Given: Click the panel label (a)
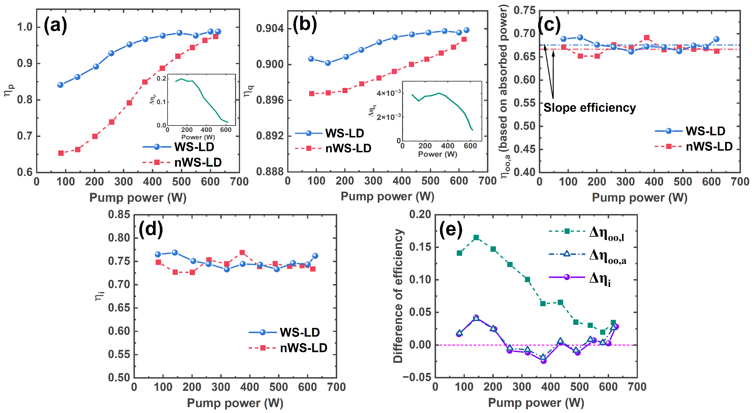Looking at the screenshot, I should click(x=55, y=26).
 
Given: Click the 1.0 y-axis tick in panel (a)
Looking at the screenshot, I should click(x=25, y=27).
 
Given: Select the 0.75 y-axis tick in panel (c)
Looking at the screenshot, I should click(x=525, y=11).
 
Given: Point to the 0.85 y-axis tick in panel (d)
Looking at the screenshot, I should click(x=119, y=215).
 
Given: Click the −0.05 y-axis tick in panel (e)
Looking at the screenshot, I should click(x=417, y=377).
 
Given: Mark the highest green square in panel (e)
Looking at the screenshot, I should click(x=476, y=238).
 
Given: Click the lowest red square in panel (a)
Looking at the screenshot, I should click(x=61, y=153).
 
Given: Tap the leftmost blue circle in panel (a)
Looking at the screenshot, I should click(x=60, y=85).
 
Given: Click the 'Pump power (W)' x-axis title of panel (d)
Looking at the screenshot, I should click(x=235, y=403).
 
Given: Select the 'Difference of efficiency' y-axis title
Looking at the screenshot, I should click(x=398, y=296).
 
